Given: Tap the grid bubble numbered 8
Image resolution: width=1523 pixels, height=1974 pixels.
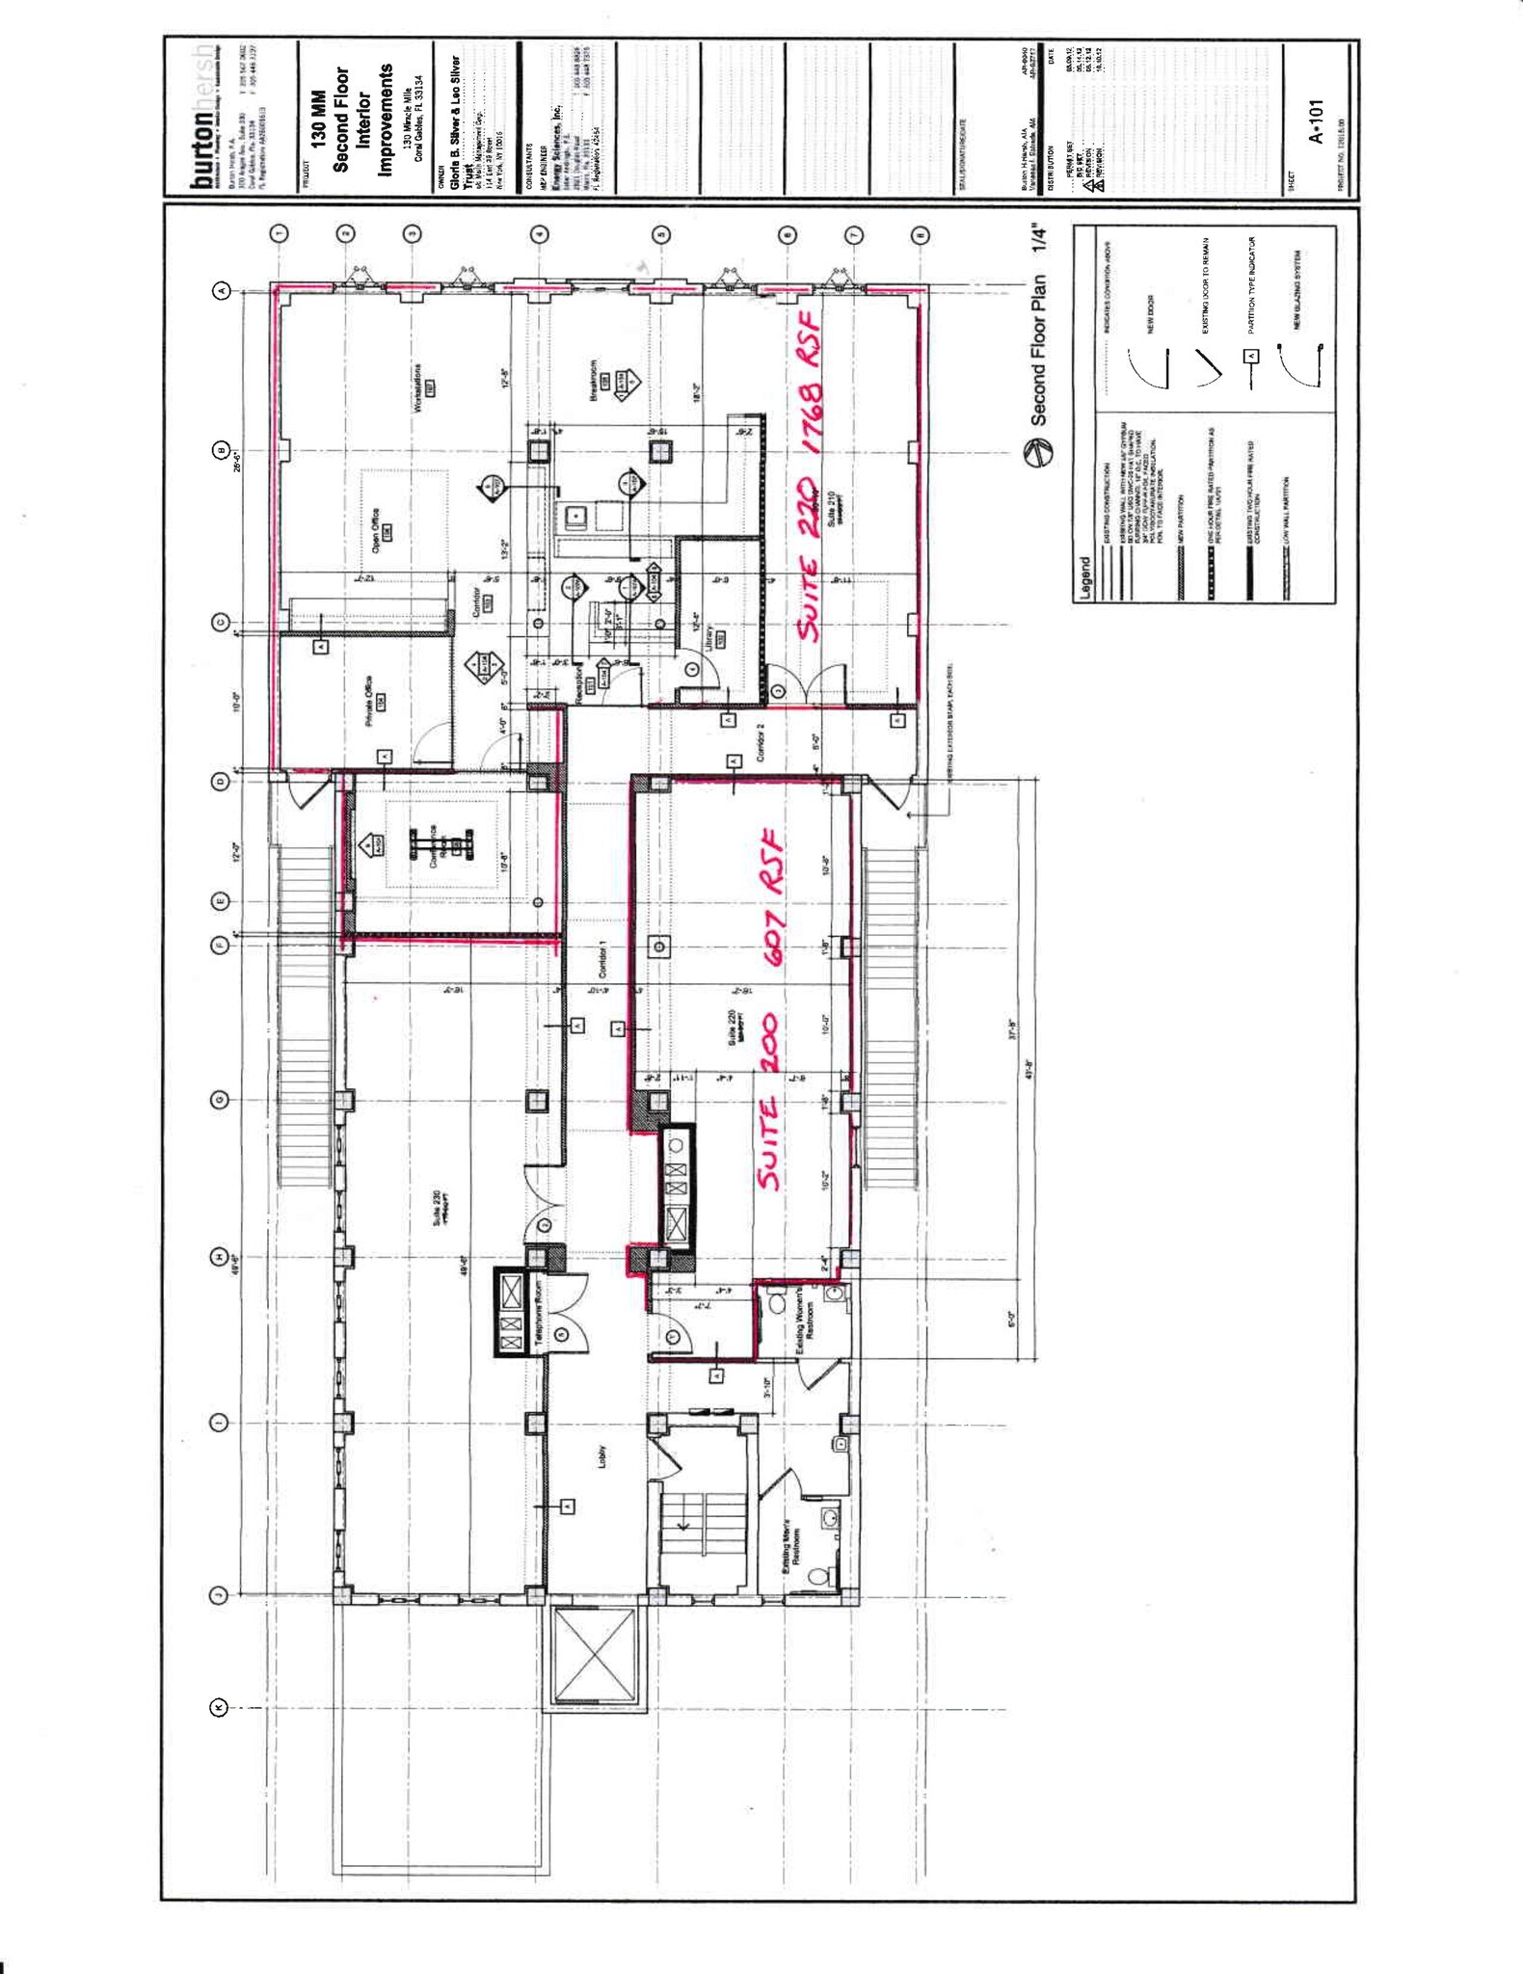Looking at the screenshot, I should [x=921, y=234].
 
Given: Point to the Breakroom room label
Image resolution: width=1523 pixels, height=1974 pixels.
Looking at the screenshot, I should [x=596, y=382].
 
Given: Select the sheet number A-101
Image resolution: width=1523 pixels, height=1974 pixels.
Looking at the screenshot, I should [x=1316, y=120].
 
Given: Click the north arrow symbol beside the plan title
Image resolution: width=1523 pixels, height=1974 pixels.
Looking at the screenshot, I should [x=1039, y=451].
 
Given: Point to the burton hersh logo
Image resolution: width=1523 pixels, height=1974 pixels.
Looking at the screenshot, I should [x=202, y=116].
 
